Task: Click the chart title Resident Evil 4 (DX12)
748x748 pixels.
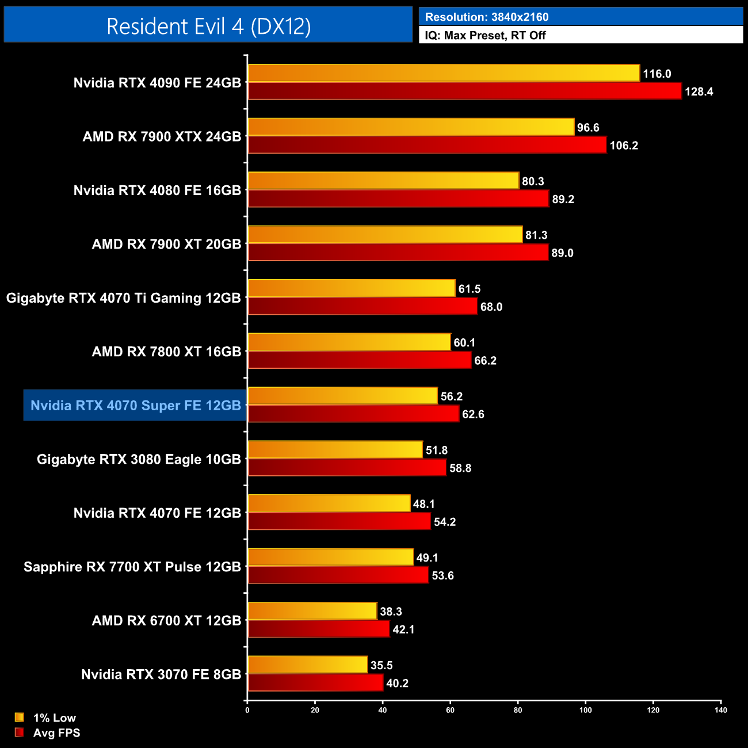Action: point(208,26)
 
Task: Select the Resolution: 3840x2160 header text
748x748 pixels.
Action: point(486,17)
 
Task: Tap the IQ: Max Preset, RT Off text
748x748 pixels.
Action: point(485,35)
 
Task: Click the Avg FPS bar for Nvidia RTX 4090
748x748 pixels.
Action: point(464,91)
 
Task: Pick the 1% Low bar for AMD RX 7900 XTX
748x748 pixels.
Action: point(411,127)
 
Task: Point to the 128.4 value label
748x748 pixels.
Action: point(699,91)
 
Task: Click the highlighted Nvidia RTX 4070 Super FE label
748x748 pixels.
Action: point(135,406)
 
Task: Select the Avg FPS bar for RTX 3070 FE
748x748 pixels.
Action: point(315,682)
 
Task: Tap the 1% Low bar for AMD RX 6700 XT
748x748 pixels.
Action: point(312,611)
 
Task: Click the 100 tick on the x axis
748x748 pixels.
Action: point(585,710)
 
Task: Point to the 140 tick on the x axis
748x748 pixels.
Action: point(720,710)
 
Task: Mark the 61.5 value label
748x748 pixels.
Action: point(470,289)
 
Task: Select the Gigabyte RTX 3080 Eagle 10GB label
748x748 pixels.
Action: point(139,459)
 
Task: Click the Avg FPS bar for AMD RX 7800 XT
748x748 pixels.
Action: point(360,360)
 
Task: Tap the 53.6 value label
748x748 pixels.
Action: point(442,575)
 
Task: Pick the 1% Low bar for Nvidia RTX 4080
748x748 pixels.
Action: point(383,181)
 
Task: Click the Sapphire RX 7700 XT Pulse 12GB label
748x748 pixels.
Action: point(132,567)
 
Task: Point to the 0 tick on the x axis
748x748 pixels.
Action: point(247,710)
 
